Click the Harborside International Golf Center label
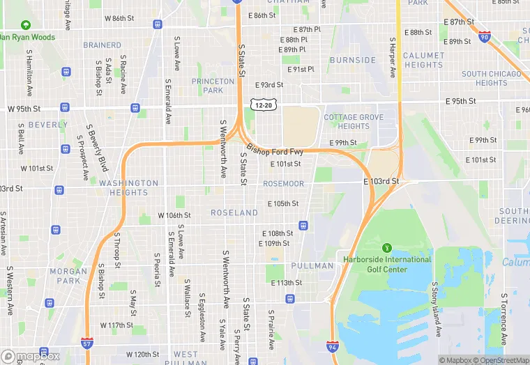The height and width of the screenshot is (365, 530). tap(387, 264)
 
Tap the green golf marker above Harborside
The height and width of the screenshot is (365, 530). tap(387, 247)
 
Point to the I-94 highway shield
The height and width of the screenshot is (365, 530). tap(333, 346)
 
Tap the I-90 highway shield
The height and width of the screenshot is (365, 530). tap(485, 36)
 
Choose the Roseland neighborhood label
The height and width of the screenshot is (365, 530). tap(234, 212)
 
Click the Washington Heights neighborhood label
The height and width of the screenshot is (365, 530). tap(128, 188)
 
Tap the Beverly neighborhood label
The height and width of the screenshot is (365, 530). tap(48, 125)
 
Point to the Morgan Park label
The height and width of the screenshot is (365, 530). tap(68, 276)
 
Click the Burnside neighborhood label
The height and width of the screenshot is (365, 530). tap(353, 61)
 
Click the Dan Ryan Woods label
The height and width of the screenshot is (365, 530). tap(28, 37)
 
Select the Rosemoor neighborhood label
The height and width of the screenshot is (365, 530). tap(283, 184)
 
